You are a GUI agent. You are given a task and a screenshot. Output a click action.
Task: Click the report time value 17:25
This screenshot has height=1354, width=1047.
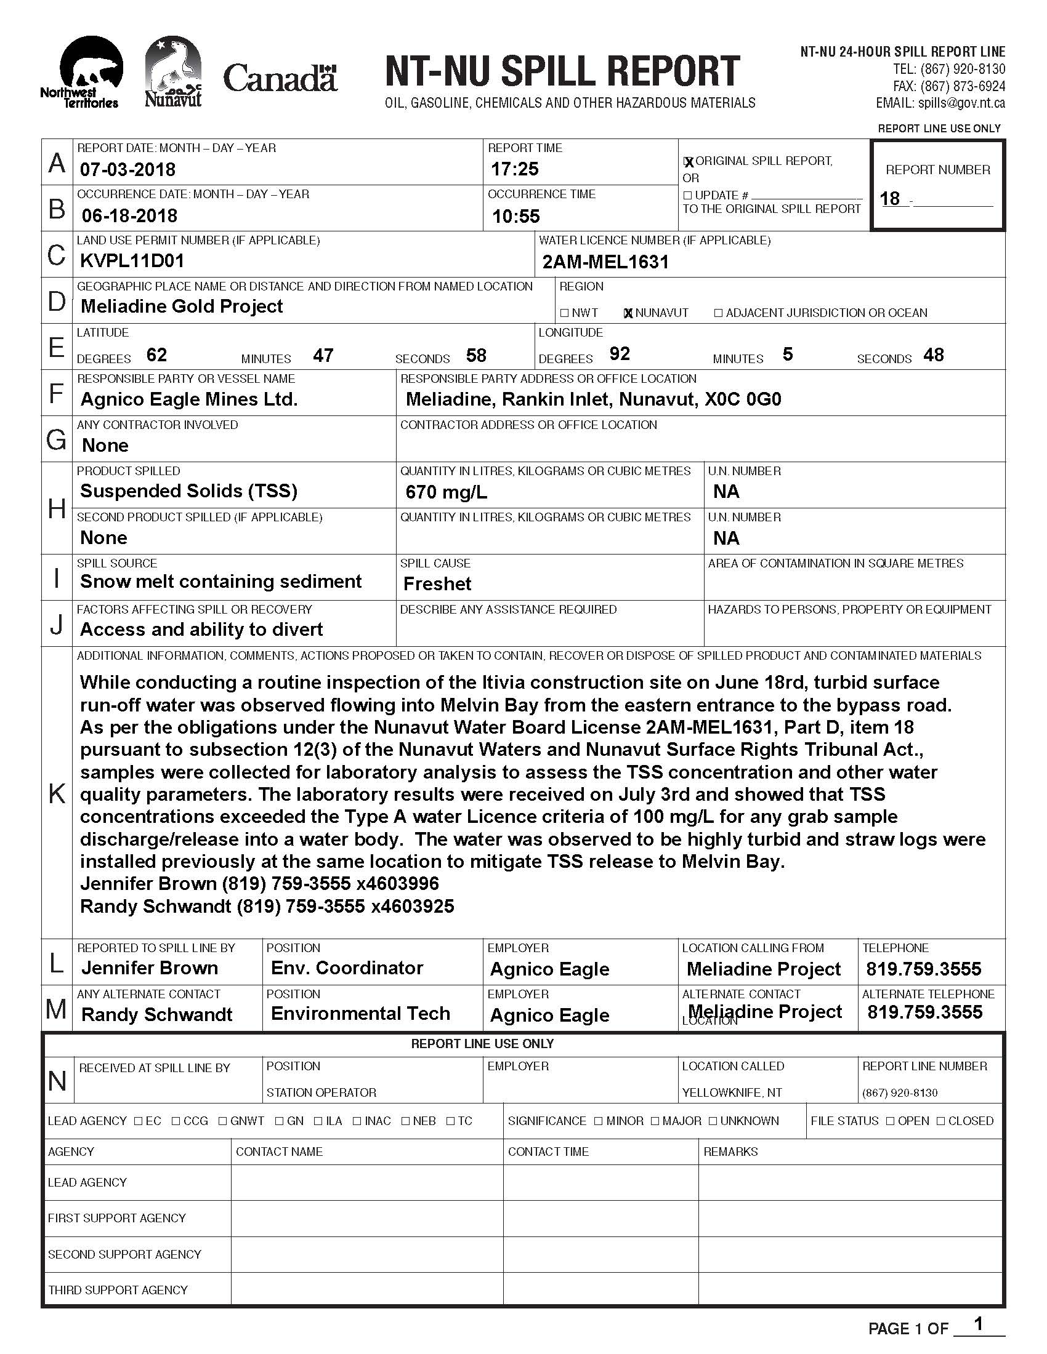515,169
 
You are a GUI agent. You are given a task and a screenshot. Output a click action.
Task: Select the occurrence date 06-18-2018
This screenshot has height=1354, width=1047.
129,216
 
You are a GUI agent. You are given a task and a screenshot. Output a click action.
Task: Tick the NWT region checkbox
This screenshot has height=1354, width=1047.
564,313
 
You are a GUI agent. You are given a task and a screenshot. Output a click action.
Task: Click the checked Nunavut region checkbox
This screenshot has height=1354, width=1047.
628,313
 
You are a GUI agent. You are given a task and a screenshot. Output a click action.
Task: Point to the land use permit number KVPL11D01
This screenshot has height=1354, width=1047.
132,261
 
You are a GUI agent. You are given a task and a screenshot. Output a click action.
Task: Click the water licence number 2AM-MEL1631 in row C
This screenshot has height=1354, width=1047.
605,262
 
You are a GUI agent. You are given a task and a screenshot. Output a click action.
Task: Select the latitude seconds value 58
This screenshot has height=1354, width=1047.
476,356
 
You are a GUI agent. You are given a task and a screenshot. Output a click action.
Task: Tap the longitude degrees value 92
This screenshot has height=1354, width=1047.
620,354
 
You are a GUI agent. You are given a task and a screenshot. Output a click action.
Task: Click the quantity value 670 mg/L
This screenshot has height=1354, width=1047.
446,492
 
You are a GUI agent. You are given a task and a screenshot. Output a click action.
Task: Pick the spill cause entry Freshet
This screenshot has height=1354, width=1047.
437,584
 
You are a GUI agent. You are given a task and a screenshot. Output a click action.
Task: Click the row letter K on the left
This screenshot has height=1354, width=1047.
57,793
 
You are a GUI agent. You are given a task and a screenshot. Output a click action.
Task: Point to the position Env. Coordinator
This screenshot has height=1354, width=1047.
347,967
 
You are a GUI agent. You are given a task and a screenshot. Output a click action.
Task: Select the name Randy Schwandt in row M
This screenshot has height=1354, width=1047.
157,1014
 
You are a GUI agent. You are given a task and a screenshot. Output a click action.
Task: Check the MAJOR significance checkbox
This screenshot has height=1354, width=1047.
656,1121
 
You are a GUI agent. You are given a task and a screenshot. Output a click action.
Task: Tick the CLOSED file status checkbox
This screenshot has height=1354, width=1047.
941,1121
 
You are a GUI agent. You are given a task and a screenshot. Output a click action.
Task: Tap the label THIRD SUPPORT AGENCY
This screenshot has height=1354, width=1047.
118,1290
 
